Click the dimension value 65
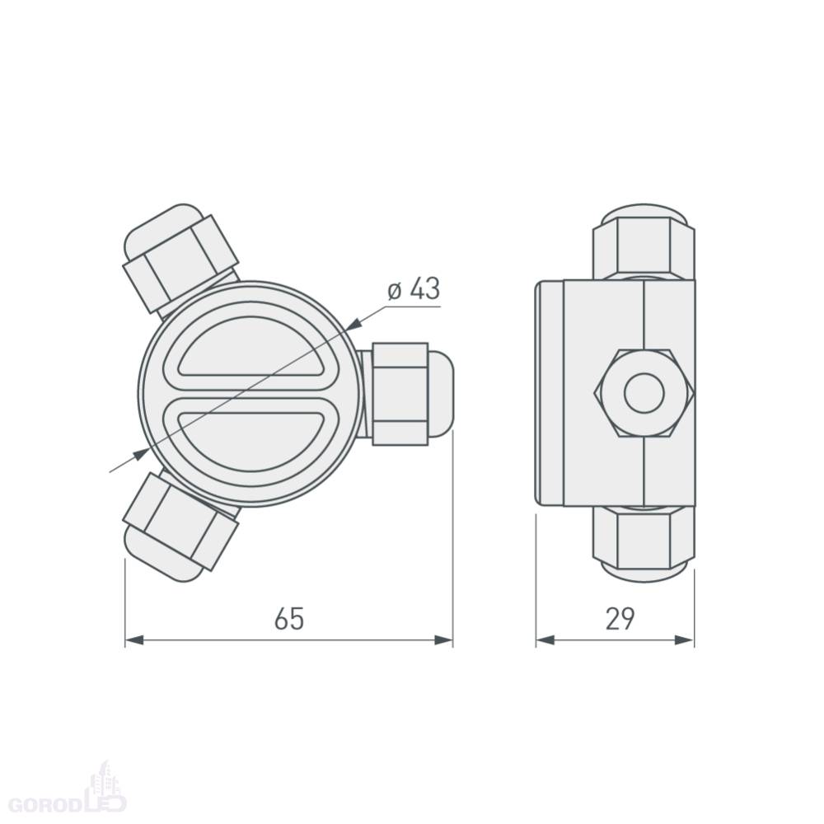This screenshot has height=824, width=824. tap(289, 619)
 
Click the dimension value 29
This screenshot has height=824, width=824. tap(620, 619)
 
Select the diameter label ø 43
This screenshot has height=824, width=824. tap(414, 288)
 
